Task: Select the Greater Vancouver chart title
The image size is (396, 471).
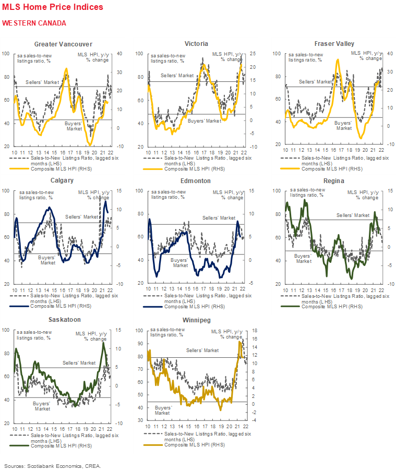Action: click(x=63, y=44)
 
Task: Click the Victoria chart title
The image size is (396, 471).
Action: click(x=196, y=44)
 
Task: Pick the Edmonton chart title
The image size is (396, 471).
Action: click(x=196, y=180)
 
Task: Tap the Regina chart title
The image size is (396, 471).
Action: click(x=332, y=180)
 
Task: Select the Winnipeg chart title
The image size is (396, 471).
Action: click(x=197, y=319)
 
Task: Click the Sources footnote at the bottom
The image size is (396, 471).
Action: click(x=53, y=465)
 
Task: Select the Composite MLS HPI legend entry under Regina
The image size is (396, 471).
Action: click(x=331, y=306)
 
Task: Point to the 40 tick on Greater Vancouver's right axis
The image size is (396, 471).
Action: click(x=119, y=54)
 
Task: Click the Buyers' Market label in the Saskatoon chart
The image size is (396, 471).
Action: click(x=42, y=406)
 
